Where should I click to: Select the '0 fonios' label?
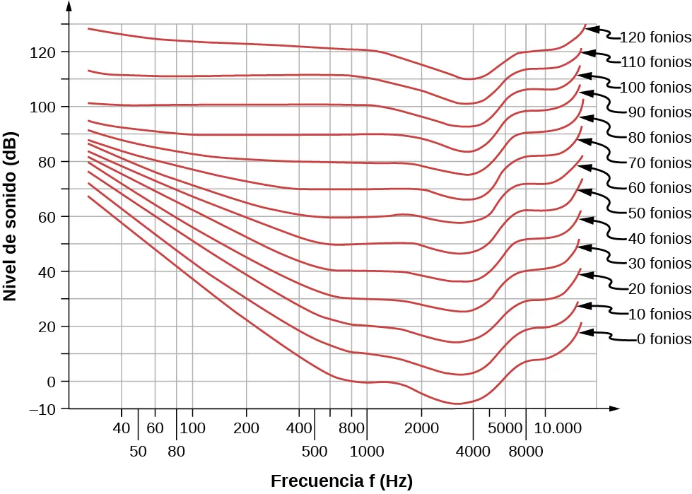pyautogui.click(x=663, y=339)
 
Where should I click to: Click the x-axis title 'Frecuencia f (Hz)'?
pyautogui.click(x=341, y=481)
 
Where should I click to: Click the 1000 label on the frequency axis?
pyautogui.click(x=367, y=451)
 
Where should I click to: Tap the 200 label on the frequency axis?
pyautogui.click(x=246, y=428)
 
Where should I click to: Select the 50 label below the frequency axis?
pyautogui.click(x=138, y=451)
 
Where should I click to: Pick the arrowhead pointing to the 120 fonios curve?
pyautogui.click(x=592, y=29)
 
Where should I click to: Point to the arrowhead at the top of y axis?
pyautogui.click(x=68, y=6)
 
